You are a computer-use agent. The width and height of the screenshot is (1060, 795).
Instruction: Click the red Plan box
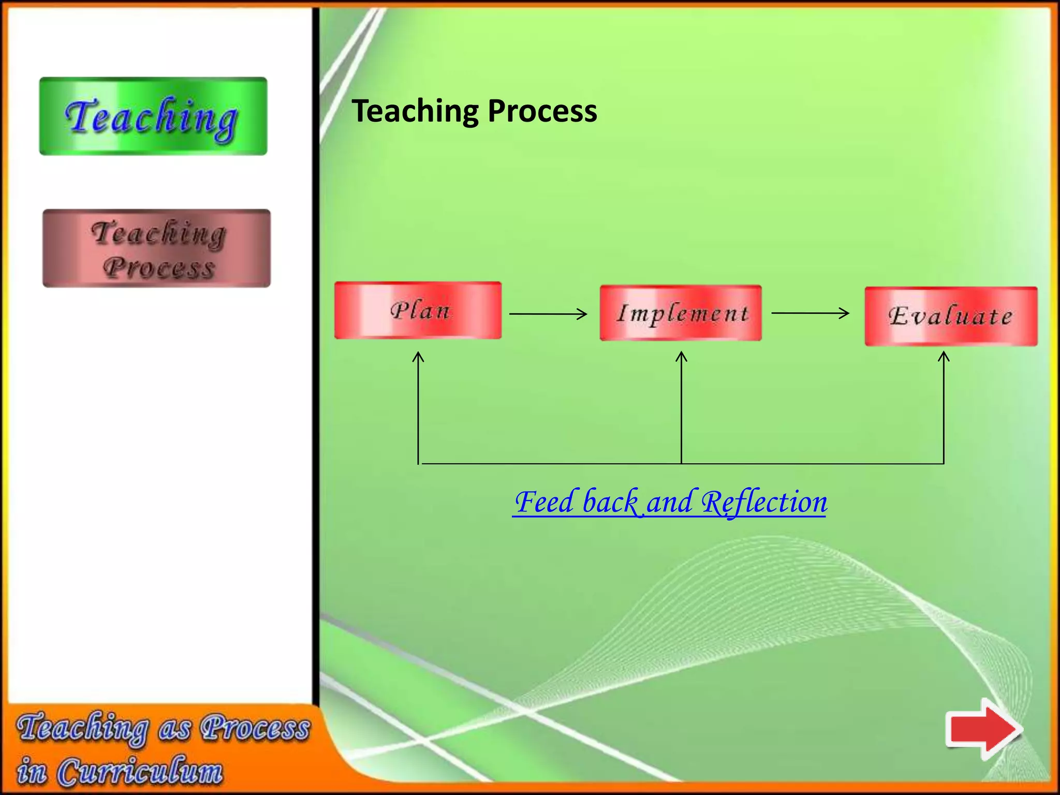[x=418, y=311]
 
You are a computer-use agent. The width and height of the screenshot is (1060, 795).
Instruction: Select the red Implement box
[x=681, y=313]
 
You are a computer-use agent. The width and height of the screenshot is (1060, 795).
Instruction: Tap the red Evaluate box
[x=951, y=316]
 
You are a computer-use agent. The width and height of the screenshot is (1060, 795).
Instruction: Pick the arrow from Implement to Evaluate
[x=810, y=313]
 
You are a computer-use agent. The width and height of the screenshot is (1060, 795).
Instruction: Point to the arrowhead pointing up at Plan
[x=418, y=357]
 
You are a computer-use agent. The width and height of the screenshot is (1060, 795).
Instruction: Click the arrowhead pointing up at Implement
[x=682, y=357]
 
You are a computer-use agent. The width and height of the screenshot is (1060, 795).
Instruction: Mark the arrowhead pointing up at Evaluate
[x=944, y=357]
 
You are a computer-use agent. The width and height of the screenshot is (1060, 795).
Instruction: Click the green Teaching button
[x=153, y=116]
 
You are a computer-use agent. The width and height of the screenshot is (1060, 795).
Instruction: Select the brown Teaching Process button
[x=157, y=248]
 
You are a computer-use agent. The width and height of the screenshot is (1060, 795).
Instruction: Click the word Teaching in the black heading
[x=416, y=111]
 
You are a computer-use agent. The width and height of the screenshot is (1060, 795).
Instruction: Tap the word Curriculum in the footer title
[x=140, y=771]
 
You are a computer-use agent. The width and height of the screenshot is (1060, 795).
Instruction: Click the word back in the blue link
[x=611, y=502]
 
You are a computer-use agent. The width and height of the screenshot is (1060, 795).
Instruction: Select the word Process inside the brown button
[x=158, y=268]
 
